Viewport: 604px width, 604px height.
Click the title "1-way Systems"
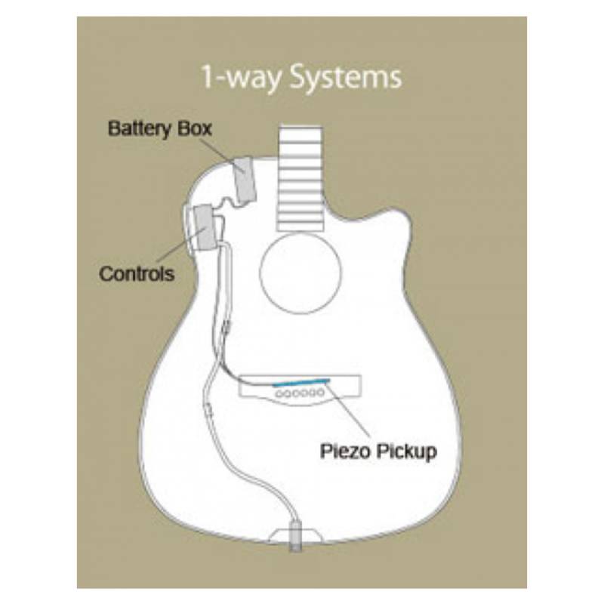(x=301, y=78)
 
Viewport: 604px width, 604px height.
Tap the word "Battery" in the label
(x=140, y=129)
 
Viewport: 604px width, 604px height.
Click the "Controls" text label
(x=137, y=274)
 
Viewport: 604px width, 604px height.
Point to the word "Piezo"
(x=346, y=450)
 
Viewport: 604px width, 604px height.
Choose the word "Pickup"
(x=407, y=451)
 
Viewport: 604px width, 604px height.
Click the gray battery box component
(x=245, y=180)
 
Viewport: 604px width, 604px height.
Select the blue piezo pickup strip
(x=301, y=382)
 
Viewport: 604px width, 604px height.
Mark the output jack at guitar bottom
(x=294, y=537)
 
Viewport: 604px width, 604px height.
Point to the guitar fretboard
(x=300, y=177)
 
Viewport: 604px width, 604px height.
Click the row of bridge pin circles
(x=300, y=393)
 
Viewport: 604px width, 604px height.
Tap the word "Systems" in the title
(x=345, y=78)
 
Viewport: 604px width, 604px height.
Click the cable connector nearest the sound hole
(x=227, y=328)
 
